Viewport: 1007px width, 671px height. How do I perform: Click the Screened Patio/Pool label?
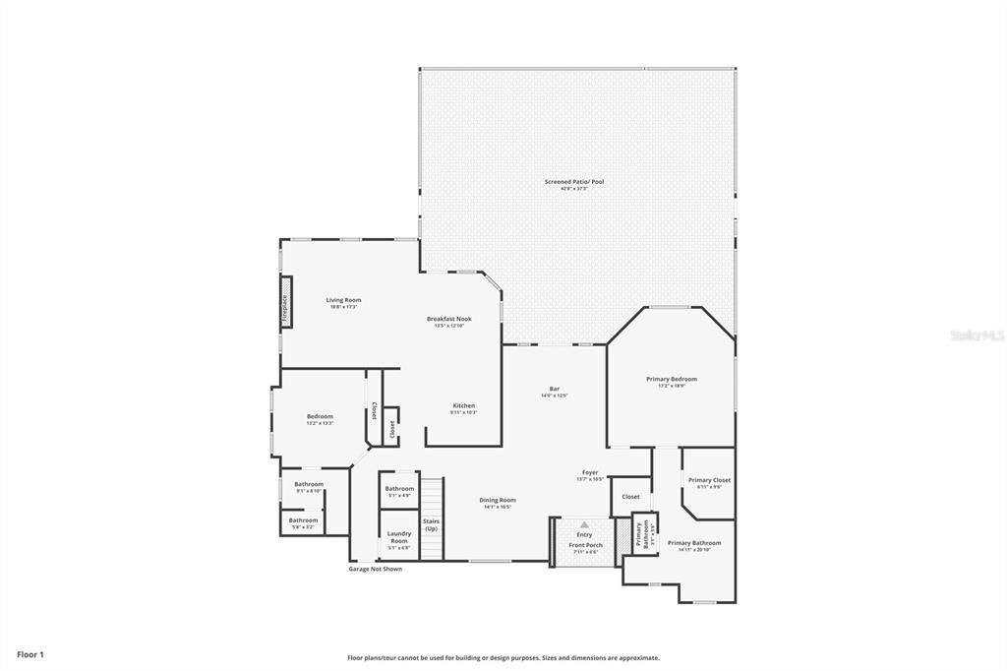click(x=575, y=182)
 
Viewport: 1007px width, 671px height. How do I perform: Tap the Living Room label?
click(x=344, y=300)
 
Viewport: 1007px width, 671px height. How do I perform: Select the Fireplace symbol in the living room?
click(x=286, y=309)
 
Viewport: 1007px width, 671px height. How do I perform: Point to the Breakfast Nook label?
click(x=448, y=319)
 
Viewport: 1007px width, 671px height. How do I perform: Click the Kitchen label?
click(x=463, y=405)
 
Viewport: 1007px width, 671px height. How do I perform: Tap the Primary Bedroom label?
click(x=671, y=379)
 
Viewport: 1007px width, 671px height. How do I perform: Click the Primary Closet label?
click(x=708, y=480)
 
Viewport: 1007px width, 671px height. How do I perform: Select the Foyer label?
click(x=590, y=473)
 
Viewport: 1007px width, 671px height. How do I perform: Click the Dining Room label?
click(x=498, y=500)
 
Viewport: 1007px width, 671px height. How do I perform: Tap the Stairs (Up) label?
click(x=431, y=524)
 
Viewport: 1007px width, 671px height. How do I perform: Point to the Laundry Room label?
click(x=398, y=537)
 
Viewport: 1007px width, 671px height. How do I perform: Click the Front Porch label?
click(x=585, y=545)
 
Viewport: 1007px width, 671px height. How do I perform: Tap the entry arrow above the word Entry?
click(x=584, y=524)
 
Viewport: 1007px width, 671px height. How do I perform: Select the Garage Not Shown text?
click(x=376, y=569)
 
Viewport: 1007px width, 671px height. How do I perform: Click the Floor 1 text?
click(x=30, y=654)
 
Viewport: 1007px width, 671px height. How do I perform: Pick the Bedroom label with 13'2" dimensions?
click(x=320, y=416)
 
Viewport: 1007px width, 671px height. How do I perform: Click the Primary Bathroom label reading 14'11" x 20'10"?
click(x=694, y=543)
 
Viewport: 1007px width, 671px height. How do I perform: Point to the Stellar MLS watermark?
click(x=977, y=335)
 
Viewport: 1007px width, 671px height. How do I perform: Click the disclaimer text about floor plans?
click(x=503, y=657)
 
